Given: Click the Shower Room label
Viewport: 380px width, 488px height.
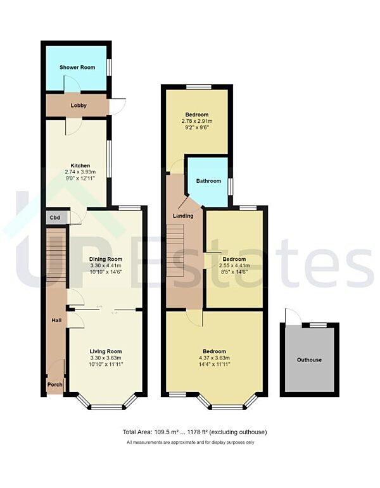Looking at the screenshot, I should coord(77,66).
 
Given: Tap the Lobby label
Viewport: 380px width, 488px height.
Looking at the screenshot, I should coord(79,105).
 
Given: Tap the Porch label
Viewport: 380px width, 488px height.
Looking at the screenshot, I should coord(54,385).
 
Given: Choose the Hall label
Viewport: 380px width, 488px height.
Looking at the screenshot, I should coord(56,320).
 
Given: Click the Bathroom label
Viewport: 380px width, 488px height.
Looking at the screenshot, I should coord(208,181).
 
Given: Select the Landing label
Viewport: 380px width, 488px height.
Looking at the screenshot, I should coord(183,216).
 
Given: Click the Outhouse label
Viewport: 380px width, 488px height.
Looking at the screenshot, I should coord(309,360).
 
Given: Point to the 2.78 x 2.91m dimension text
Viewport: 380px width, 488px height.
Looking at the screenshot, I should coord(196,122).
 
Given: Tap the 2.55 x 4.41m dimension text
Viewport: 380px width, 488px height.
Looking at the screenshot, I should coord(234,266).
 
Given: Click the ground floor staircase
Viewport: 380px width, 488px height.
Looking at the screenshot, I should coord(56,260).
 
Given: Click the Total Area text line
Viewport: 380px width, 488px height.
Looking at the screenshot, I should coord(194,432).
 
